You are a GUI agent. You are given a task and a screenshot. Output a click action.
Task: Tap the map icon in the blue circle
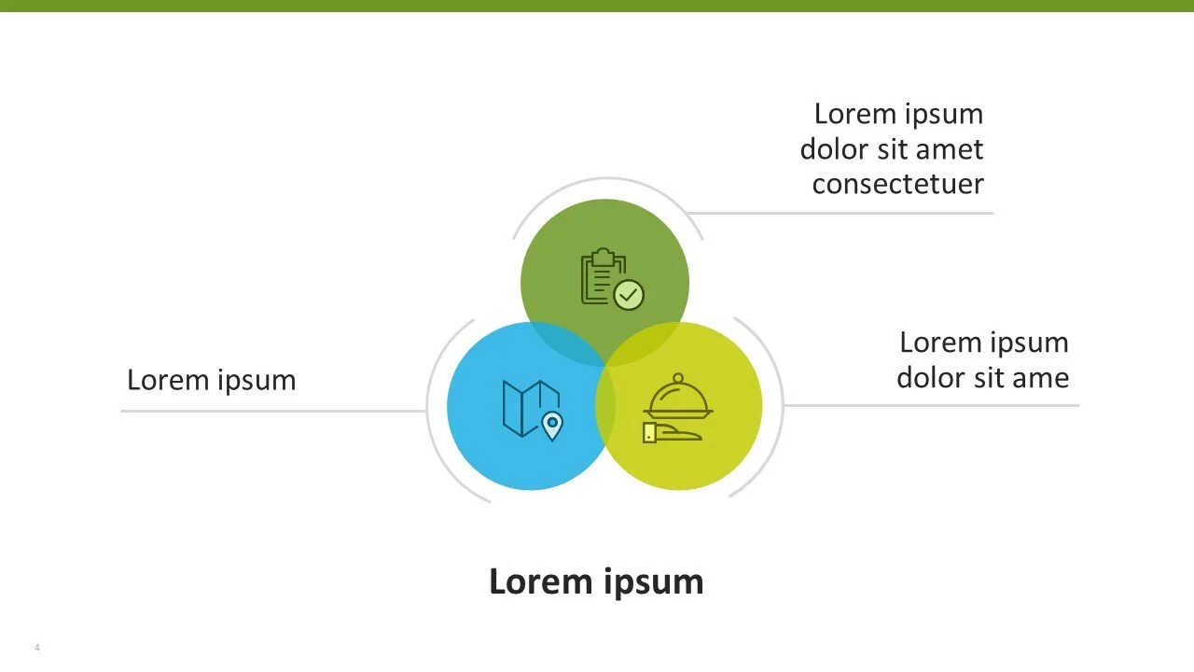click(x=529, y=408)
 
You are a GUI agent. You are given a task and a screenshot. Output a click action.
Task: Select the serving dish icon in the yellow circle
click(x=678, y=397)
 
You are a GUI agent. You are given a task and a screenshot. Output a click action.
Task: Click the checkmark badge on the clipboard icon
click(x=630, y=295)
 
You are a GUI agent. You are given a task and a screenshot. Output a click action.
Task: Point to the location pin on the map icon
click(x=552, y=427)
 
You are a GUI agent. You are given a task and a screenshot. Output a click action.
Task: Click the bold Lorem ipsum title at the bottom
click(x=596, y=581)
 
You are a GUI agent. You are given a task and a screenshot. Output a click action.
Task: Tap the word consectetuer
click(x=897, y=184)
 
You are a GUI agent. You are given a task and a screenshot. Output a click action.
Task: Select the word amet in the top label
click(x=950, y=149)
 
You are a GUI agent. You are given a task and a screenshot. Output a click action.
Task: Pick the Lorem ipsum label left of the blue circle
click(x=211, y=380)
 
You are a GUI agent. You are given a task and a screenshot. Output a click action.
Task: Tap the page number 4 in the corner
click(x=37, y=648)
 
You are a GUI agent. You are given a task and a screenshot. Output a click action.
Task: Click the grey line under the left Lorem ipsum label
click(x=271, y=411)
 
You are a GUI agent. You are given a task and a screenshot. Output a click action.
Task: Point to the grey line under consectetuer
click(x=840, y=213)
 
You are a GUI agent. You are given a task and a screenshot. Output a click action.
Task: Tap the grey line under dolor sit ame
click(x=933, y=405)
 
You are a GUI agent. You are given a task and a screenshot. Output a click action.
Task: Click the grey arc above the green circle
click(x=606, y=178)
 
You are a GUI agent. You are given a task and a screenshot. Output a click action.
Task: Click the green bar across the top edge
click(x=597, y=6)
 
